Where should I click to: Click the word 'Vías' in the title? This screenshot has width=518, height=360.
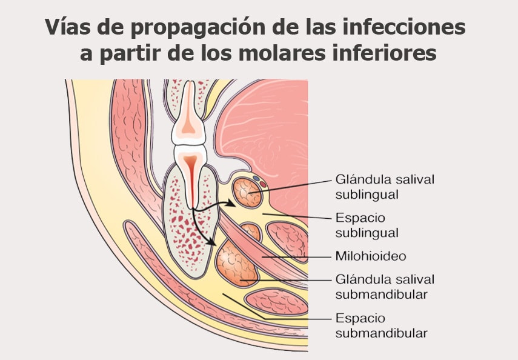[65, 27]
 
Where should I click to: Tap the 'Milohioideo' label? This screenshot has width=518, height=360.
[370, 256]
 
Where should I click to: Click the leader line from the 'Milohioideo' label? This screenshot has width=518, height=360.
[297, 256]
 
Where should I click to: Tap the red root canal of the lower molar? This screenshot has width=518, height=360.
[191, 182]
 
